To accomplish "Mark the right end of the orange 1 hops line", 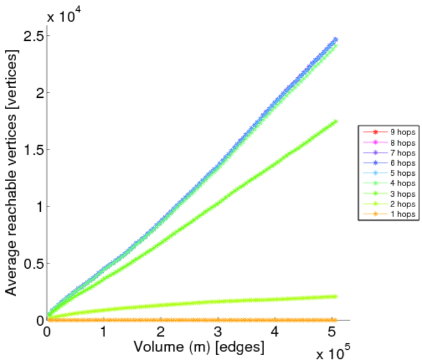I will (x=335, y=320).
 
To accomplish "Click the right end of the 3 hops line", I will (x=335, y=121).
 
